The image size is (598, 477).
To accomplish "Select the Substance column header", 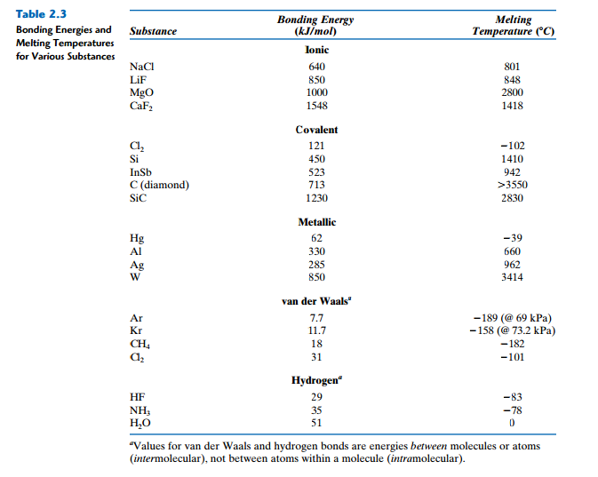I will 153,32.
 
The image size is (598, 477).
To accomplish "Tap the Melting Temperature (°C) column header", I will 512,26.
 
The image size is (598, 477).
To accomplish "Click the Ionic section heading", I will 316,51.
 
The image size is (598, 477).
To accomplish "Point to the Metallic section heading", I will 316,222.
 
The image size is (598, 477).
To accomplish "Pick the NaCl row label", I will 142,67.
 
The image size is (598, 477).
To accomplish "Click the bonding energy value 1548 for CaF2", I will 316,106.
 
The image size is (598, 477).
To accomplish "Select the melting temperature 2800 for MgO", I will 512,92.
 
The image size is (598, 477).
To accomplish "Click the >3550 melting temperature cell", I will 512,185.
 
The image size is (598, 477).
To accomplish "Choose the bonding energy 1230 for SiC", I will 316,198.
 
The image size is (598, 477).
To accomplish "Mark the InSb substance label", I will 141,171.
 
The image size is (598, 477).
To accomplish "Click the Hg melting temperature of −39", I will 512,238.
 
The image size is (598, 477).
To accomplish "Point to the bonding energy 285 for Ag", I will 316,265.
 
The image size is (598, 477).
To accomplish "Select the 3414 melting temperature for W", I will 512,277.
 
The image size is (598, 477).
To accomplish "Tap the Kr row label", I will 136,330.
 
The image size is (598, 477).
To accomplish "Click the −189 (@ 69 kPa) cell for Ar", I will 512,317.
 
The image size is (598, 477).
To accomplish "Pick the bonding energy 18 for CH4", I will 316,343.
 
